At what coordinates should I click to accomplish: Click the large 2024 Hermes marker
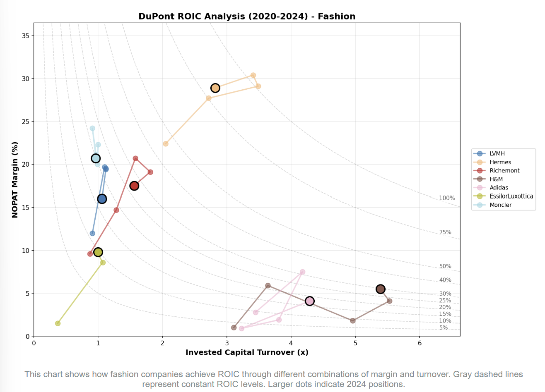tap(215, 88)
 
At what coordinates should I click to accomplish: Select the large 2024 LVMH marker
tap(102, 199)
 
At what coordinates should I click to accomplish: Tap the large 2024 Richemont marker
tap(134, 186)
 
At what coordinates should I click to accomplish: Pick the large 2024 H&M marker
tap(380, 289)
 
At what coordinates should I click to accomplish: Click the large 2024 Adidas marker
tap(309, 301)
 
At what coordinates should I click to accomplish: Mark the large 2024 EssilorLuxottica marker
tap(98, 252)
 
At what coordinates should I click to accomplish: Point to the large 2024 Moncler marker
tap(96, 158)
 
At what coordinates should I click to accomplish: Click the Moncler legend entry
tap(500, 205)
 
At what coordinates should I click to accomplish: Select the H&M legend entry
tap(496, 179)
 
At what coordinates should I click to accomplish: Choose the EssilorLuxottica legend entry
tap(511, 196)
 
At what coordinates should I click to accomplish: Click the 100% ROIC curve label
tap(447, 198)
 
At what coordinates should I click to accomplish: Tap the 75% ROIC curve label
tap(445, 232)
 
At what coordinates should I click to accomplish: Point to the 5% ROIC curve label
tap(444, 328)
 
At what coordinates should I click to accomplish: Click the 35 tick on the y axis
tap(26, 36)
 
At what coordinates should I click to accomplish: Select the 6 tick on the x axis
tap(420, 343)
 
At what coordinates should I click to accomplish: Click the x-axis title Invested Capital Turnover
tap(247, 352)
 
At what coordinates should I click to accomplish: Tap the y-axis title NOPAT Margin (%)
tap(15, 179)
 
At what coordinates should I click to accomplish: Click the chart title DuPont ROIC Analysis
tap(247, 17)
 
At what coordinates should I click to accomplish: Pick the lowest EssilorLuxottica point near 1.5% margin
tap(58, 323)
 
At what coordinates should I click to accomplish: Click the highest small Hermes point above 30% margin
tap(253, 75)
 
